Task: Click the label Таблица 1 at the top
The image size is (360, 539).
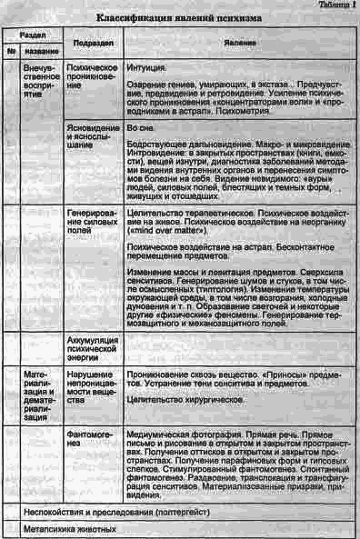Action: pyautogui.click(x=336, y=5)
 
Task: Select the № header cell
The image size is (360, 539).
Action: pyautogui.click(x=13, y=51)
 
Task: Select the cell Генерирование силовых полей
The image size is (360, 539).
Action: pyautogui.click(x=94, y=221)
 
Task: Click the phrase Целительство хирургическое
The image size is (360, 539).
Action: pyautogui.click(x=179, y=397)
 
